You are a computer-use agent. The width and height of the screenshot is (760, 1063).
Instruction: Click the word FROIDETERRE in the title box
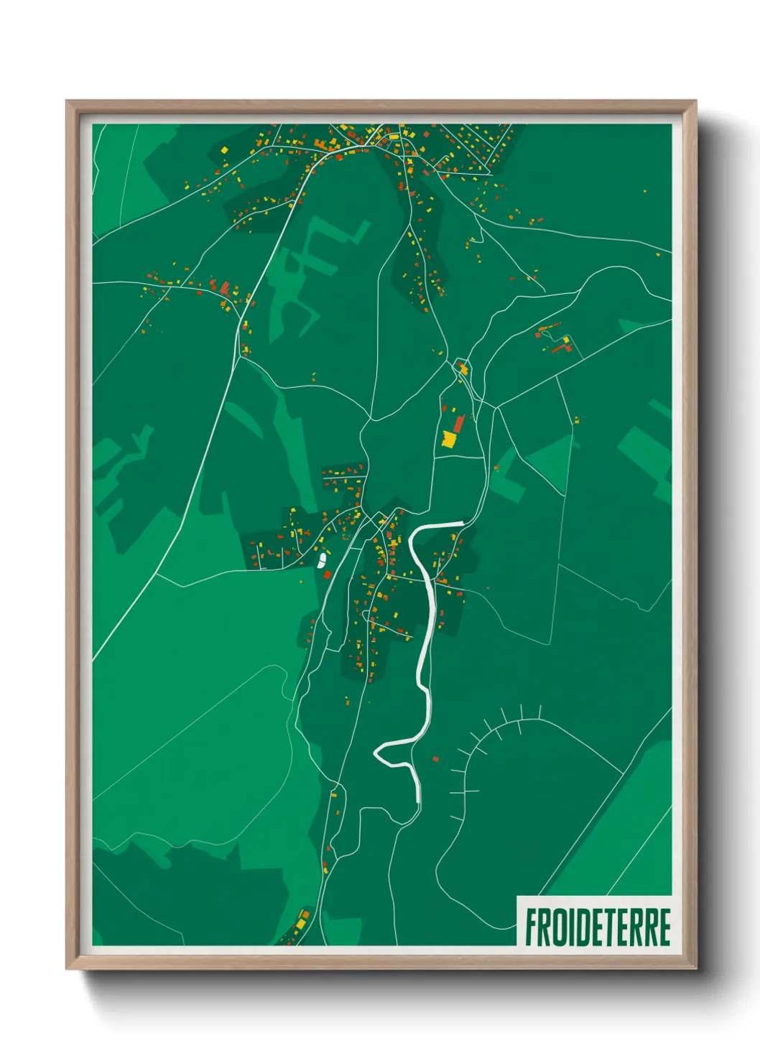point(598,927)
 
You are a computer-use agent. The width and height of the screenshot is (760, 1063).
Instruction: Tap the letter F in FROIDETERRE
point(532,927)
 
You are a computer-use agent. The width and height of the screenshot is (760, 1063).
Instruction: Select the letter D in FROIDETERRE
point(583,927)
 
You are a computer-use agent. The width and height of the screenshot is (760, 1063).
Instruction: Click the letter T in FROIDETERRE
point(611,927)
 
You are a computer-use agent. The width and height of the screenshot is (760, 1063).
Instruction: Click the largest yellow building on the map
point(449,439)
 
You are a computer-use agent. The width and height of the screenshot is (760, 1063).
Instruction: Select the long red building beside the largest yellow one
point(458,423)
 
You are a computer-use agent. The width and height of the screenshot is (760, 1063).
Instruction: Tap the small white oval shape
point(322,558)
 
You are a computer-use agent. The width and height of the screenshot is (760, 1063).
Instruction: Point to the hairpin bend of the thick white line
point(377,753)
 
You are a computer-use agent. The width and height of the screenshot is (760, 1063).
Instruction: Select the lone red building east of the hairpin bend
point(435,758)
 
